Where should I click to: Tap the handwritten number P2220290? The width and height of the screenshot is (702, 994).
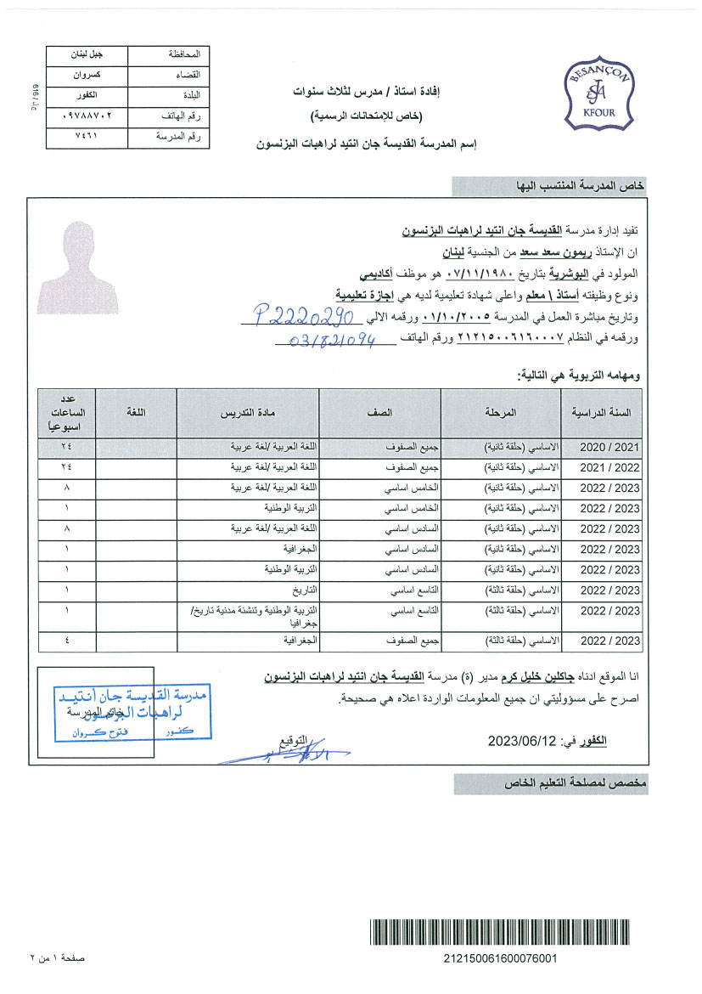tap(292, 317)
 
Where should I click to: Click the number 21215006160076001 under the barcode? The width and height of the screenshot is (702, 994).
tap(500, 958)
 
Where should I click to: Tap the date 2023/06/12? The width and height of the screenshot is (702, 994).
tap(520, 741)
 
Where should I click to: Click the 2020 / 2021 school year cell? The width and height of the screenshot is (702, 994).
tap(609, 446)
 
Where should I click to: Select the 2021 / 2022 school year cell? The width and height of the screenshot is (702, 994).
tap(609, 467)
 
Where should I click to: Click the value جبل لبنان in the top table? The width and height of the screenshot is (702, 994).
tap(89, 54)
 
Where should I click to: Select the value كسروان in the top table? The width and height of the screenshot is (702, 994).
tap(89, 75)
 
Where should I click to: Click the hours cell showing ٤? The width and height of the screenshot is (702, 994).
tap(66, 640)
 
